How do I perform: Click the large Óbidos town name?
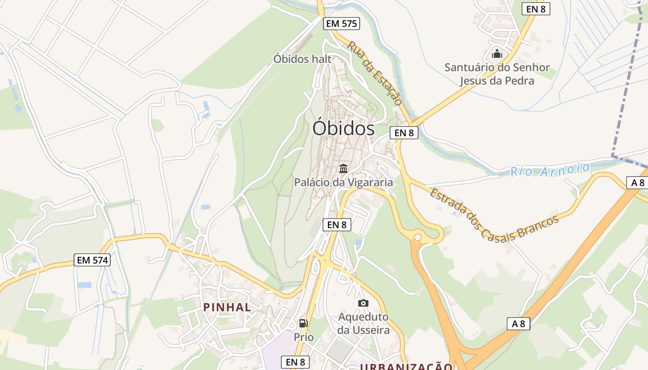pos(343,128)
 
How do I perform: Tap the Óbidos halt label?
pos(302,59)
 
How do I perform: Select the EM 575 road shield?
pos(342,24)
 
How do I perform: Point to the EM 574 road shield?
pos(92,260)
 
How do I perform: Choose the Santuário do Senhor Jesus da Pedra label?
pos(497,74)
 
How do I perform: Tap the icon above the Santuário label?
pos(497,54)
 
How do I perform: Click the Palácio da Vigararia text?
pos(343,182)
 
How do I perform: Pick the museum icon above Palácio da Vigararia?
pos(343,168)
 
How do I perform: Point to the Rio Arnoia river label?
pos(550,170)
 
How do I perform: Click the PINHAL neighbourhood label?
pos(227,307)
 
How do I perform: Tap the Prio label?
pos(304,337)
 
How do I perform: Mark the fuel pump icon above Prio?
pos(304,323)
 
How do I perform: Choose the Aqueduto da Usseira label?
pos(363,323)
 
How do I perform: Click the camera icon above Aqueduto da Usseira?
pos(363,303)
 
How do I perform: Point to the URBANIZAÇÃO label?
pos(406,367)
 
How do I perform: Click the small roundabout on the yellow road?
pos(418,237)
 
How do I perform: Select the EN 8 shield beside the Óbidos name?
pos(404,133)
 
